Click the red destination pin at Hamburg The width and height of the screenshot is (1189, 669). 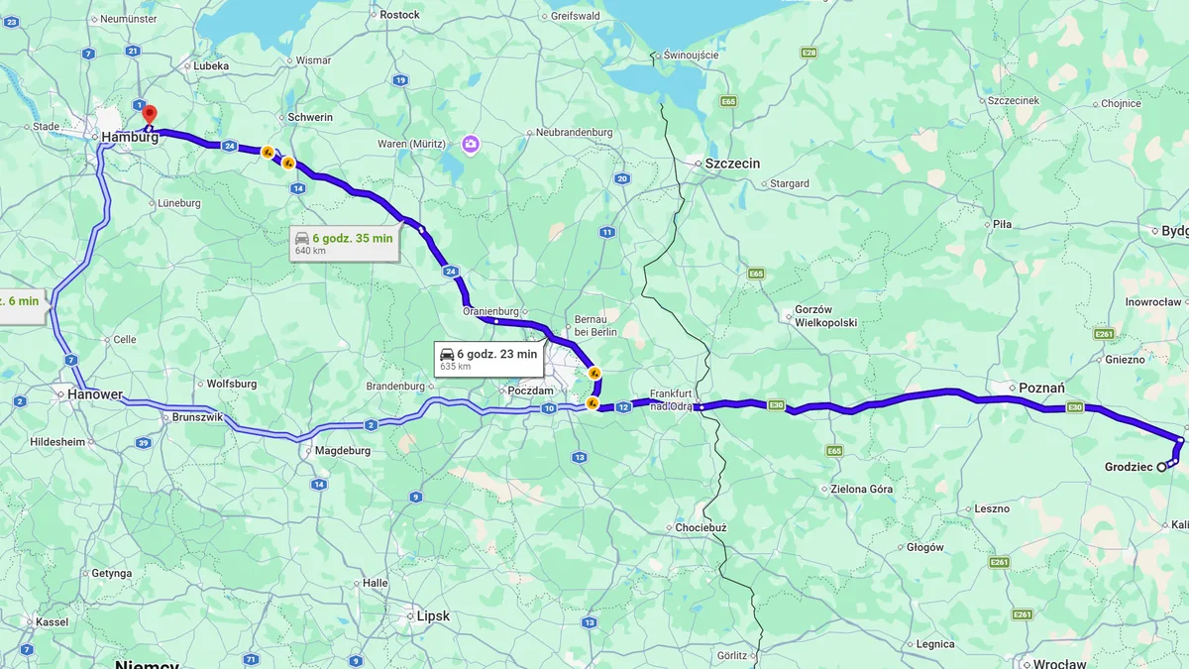pos(150,114)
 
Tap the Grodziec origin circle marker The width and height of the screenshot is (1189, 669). pos(1161,467)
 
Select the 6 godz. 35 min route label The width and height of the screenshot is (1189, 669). pos(344,243)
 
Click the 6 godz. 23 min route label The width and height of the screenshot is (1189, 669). pos(488,359)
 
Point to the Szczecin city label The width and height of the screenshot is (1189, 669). pos(732,164)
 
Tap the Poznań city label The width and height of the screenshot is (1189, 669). pos(1042,388)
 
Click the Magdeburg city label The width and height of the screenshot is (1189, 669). pos(342,451)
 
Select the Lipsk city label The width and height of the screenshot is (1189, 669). pos(433,615)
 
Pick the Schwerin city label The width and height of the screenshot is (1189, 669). pos(310,117)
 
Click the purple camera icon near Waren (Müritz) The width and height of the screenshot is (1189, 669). pos(471,145)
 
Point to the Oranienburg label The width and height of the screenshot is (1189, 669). pos(491,310)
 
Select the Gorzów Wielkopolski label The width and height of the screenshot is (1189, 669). pos(825,316)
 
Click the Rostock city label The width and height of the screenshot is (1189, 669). pos(399,15)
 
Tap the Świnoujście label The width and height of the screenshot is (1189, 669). pos(692,55)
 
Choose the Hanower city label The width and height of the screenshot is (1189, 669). pos(94,394)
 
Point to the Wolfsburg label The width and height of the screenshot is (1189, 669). pos(232,384)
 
